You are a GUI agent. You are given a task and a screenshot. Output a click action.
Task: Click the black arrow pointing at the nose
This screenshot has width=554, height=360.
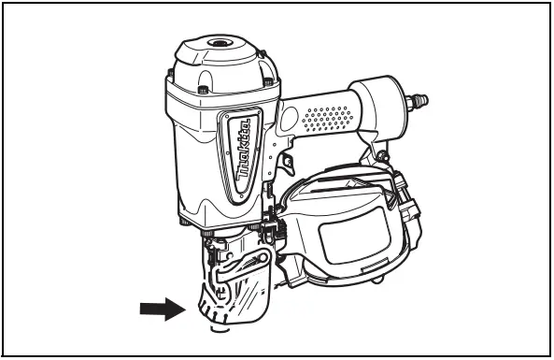tap(158, 308)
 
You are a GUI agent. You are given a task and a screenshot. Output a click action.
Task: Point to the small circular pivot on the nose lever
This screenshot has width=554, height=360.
tap(263, 255)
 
